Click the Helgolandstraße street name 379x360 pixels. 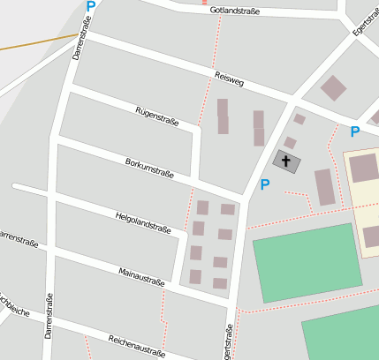coord(142,221)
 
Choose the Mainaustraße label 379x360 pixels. coord(141,276)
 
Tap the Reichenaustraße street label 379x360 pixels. coord(137,345)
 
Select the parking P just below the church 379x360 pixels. coord(263,185)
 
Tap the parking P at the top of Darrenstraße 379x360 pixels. coord(90,6)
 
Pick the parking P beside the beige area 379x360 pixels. coord(354,132)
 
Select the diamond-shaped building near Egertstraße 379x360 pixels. coord(333,87)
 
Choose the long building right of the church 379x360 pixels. coord(325,187)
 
